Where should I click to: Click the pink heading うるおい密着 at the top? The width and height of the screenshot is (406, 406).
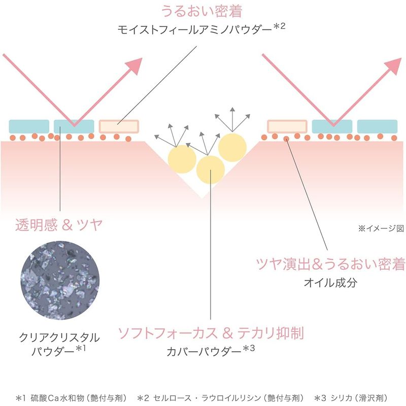201,11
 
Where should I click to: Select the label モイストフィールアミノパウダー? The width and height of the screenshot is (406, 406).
194,30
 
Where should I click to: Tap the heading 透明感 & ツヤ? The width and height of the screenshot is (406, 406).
59,224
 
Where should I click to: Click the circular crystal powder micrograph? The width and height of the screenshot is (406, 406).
60,281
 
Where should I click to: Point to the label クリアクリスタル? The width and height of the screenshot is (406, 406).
59,337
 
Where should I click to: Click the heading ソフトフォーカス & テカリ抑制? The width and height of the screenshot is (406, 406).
211,333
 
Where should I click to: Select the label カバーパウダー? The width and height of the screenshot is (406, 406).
204,352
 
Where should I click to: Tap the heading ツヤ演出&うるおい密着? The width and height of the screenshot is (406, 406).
330,264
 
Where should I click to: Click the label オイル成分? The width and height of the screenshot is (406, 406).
330,283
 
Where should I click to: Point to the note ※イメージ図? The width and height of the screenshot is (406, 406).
381,228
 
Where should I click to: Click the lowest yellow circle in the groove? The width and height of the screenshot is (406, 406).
211,170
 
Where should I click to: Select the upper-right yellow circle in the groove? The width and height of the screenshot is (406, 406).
232,148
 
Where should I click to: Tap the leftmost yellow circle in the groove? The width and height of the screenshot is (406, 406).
182,159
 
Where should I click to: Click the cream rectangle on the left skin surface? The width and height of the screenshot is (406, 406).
119,126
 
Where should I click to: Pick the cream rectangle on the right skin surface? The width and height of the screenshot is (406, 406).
287,126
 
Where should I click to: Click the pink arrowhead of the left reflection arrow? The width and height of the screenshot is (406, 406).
134,66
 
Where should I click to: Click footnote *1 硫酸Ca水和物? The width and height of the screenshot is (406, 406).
72,398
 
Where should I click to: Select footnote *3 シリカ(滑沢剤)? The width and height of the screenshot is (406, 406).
351,398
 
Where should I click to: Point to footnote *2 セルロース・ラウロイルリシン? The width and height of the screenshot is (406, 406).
220,398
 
